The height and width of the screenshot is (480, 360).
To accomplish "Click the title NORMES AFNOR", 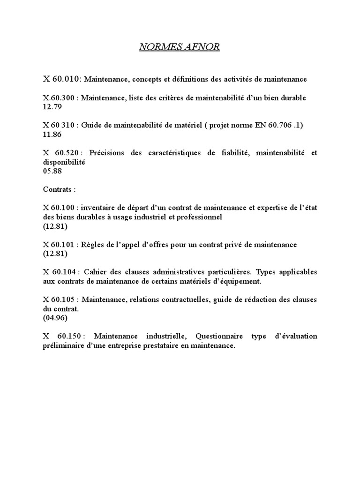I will coord(180,47).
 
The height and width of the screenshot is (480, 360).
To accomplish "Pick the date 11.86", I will coord(52,135).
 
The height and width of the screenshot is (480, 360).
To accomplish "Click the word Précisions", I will coord(109,153).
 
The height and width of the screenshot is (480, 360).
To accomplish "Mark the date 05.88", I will coord(52,171).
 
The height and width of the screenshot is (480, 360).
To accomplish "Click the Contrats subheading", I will coord(59,189).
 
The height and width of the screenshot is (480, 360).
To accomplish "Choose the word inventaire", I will coord(102,208).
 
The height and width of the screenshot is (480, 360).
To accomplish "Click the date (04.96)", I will coord(55,318).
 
